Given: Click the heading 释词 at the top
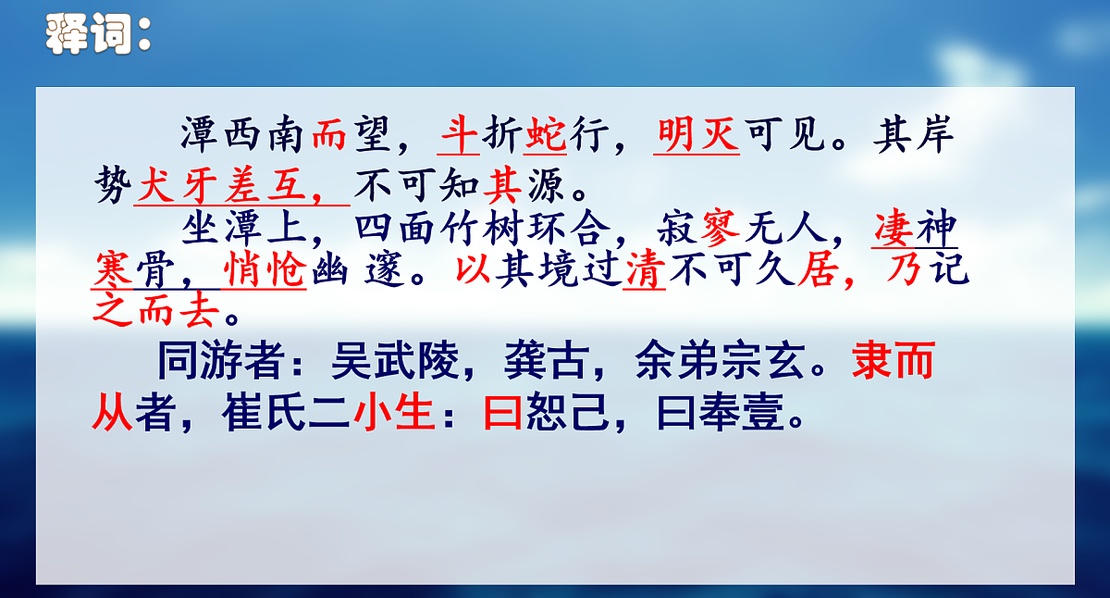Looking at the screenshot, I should click(96, 35).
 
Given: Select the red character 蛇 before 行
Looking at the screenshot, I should click(546, 136).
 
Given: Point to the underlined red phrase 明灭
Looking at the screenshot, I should click(697, 136).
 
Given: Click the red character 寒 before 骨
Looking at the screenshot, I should click(113, 270).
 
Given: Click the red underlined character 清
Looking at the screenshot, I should click(645, 270).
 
